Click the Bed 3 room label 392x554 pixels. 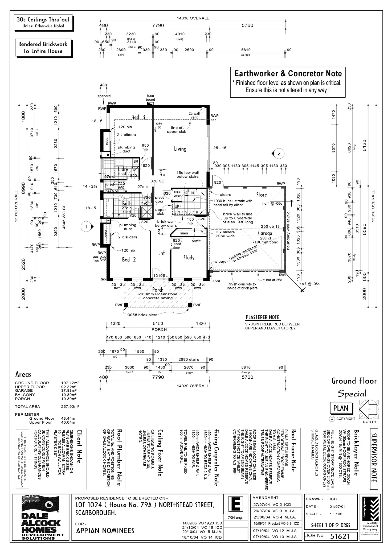click(x=138, y=117)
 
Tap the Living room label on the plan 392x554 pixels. click(x=180, y=149)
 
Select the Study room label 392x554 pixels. click(x=189, y=257)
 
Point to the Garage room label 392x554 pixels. click(x=265, y=233)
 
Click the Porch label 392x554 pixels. click(x=158, y=290)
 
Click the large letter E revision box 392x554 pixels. click(x=236, y=505)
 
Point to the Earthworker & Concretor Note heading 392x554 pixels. click(x=288, y=73)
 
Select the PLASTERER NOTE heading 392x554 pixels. click(x=262, y=317)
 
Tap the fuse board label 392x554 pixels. click(x=150, y=98)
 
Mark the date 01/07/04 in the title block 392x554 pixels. click(x=337, y=507)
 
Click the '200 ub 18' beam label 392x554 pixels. click(x=270, y=226)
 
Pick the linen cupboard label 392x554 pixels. click(x=184, y=233)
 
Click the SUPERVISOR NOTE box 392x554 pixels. click(x=374, y=458)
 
